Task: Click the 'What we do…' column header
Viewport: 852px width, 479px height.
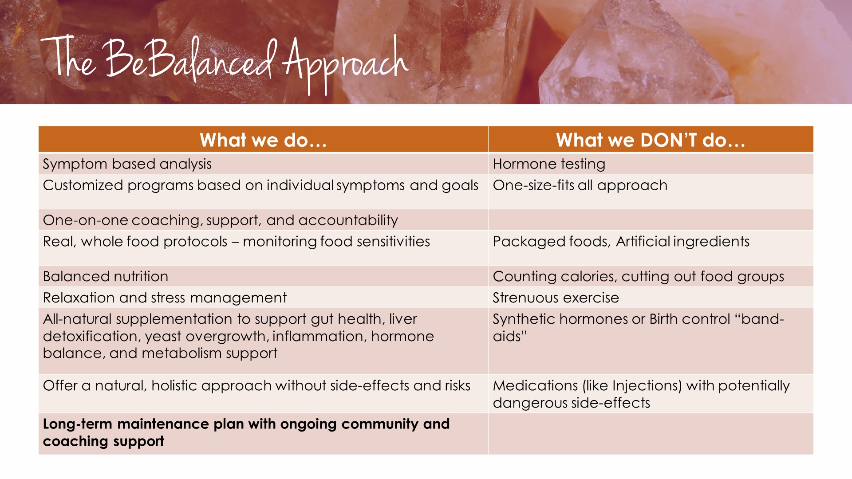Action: [263, 140]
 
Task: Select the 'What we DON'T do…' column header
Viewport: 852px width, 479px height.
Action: [651, 140]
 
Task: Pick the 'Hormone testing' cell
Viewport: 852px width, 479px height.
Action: [651, 164]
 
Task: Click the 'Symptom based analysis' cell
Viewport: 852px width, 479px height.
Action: [263, 164]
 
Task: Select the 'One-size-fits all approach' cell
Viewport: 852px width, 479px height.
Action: [651, 192]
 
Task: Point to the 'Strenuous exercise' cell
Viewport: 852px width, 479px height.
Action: [651, 298]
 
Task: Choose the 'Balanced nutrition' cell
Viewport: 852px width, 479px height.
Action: [263, 276]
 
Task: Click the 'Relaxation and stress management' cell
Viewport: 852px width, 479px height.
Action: [263, 298]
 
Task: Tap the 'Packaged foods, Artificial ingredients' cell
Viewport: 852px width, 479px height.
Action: [651, 248]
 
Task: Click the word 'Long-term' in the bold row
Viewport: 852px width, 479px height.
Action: [77, 424]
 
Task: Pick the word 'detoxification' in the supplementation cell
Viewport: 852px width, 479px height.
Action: [91, 336]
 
